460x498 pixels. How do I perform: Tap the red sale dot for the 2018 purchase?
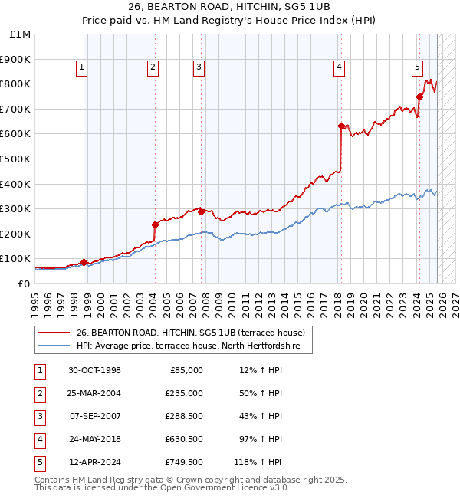coord(341,126)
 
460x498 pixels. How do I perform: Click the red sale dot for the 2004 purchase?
coord(155,224)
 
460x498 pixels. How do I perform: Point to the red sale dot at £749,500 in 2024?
coord(419,96)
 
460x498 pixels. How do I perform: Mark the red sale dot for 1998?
coord(84,262)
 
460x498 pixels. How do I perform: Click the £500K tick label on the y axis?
coord(15,159)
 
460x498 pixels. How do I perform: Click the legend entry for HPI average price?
coord(193,346)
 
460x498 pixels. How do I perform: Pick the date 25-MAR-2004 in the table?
coord(94,393)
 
